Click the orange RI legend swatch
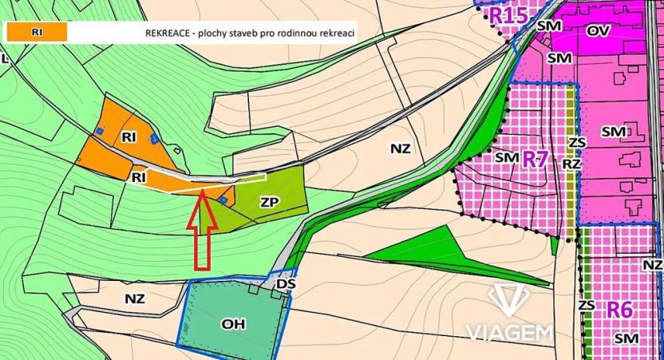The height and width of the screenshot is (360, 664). coord(36,32)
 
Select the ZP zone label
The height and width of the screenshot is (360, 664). coord(269,203)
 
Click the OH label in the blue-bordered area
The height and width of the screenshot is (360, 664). coord(234,323)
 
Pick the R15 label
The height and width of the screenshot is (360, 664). coord(508,14)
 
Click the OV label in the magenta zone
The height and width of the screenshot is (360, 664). coord(598,30)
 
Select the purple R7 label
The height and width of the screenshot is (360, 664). coord(536,158)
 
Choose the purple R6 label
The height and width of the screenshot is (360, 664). coord(619,309)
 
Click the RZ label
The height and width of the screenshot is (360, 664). coord(571,163)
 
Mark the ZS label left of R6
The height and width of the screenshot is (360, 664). coord(587,305)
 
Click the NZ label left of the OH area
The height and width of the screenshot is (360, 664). coord(135,299)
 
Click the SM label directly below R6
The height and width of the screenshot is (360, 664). coord(625,339)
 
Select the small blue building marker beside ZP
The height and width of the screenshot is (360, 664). coord(224,200)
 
